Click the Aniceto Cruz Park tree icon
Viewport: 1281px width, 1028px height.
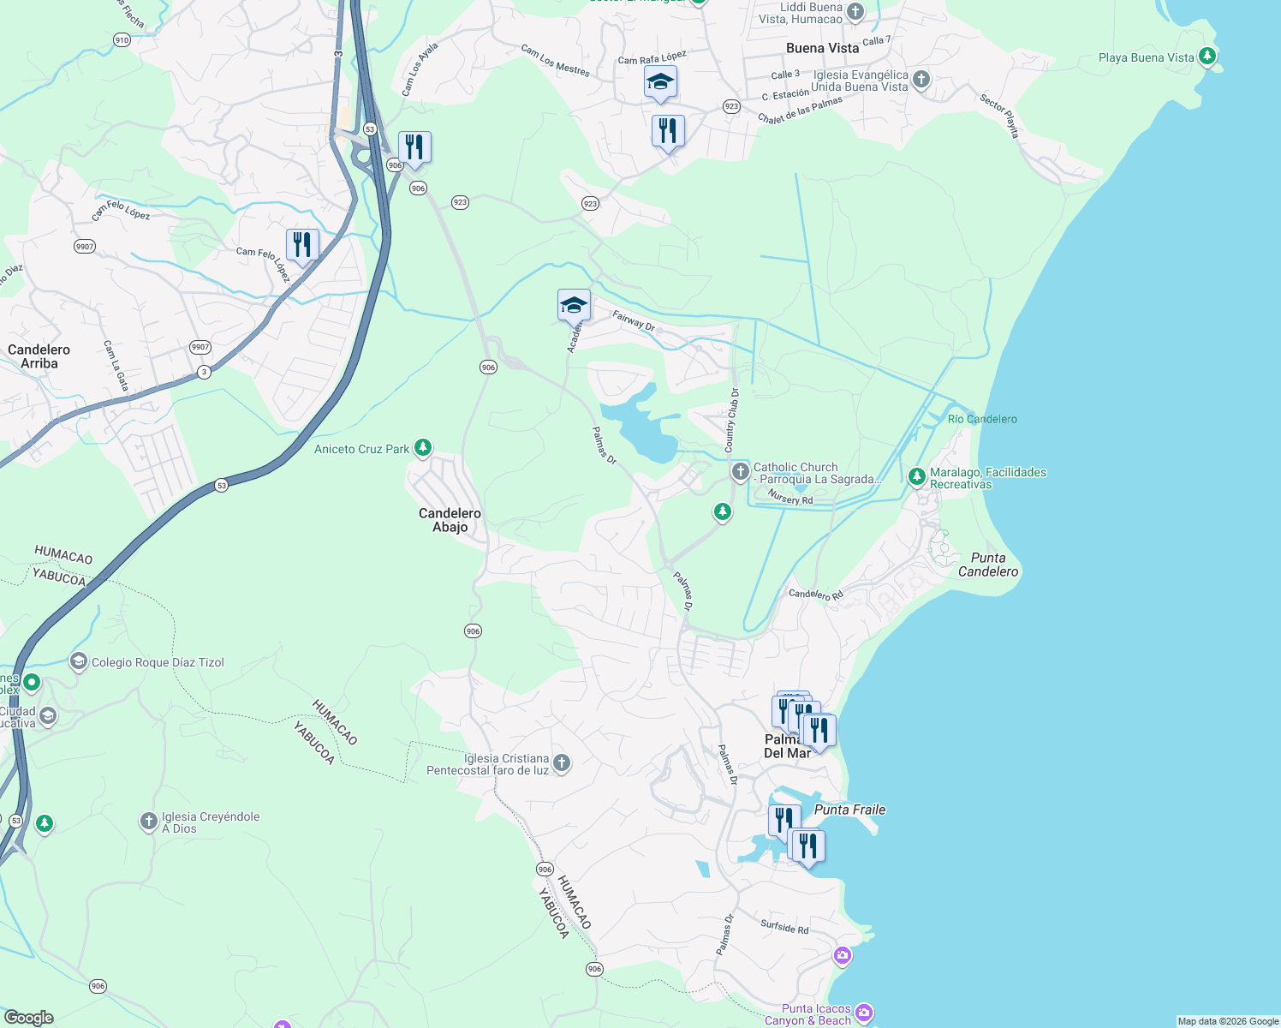[x=422, y=448]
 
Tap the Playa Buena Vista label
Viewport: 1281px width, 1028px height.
[x=1146, y=57]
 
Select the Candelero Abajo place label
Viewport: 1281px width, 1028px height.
[x=450, y=520]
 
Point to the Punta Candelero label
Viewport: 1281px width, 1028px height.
[x=988, y=565]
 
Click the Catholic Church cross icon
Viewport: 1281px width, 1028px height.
[x=741, y=472]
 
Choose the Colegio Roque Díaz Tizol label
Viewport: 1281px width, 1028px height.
[x=158, y=662]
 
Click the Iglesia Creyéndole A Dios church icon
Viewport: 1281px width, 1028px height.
[x=149, y=822]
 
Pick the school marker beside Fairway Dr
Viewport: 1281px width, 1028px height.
[x=574, y=306]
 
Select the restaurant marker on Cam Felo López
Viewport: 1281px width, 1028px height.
[x=302, y=245]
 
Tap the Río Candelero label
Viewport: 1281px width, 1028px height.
[x=982, y=419]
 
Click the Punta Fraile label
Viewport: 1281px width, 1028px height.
[x=849, y=810]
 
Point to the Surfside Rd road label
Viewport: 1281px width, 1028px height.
[x=784, y=927]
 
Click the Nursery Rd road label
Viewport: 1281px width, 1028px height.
[x=790, y=499]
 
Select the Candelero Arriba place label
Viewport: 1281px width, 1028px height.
[x=39, y=356]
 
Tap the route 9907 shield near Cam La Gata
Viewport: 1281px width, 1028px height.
[x=200, y=347]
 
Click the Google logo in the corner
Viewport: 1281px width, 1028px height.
[x=28, y=1018]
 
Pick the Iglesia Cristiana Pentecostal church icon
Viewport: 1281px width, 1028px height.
[x=562, y=762]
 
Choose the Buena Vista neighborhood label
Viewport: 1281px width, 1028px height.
[x=822, y=48]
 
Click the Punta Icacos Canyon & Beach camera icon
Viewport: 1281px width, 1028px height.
[x=863, y=1014]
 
